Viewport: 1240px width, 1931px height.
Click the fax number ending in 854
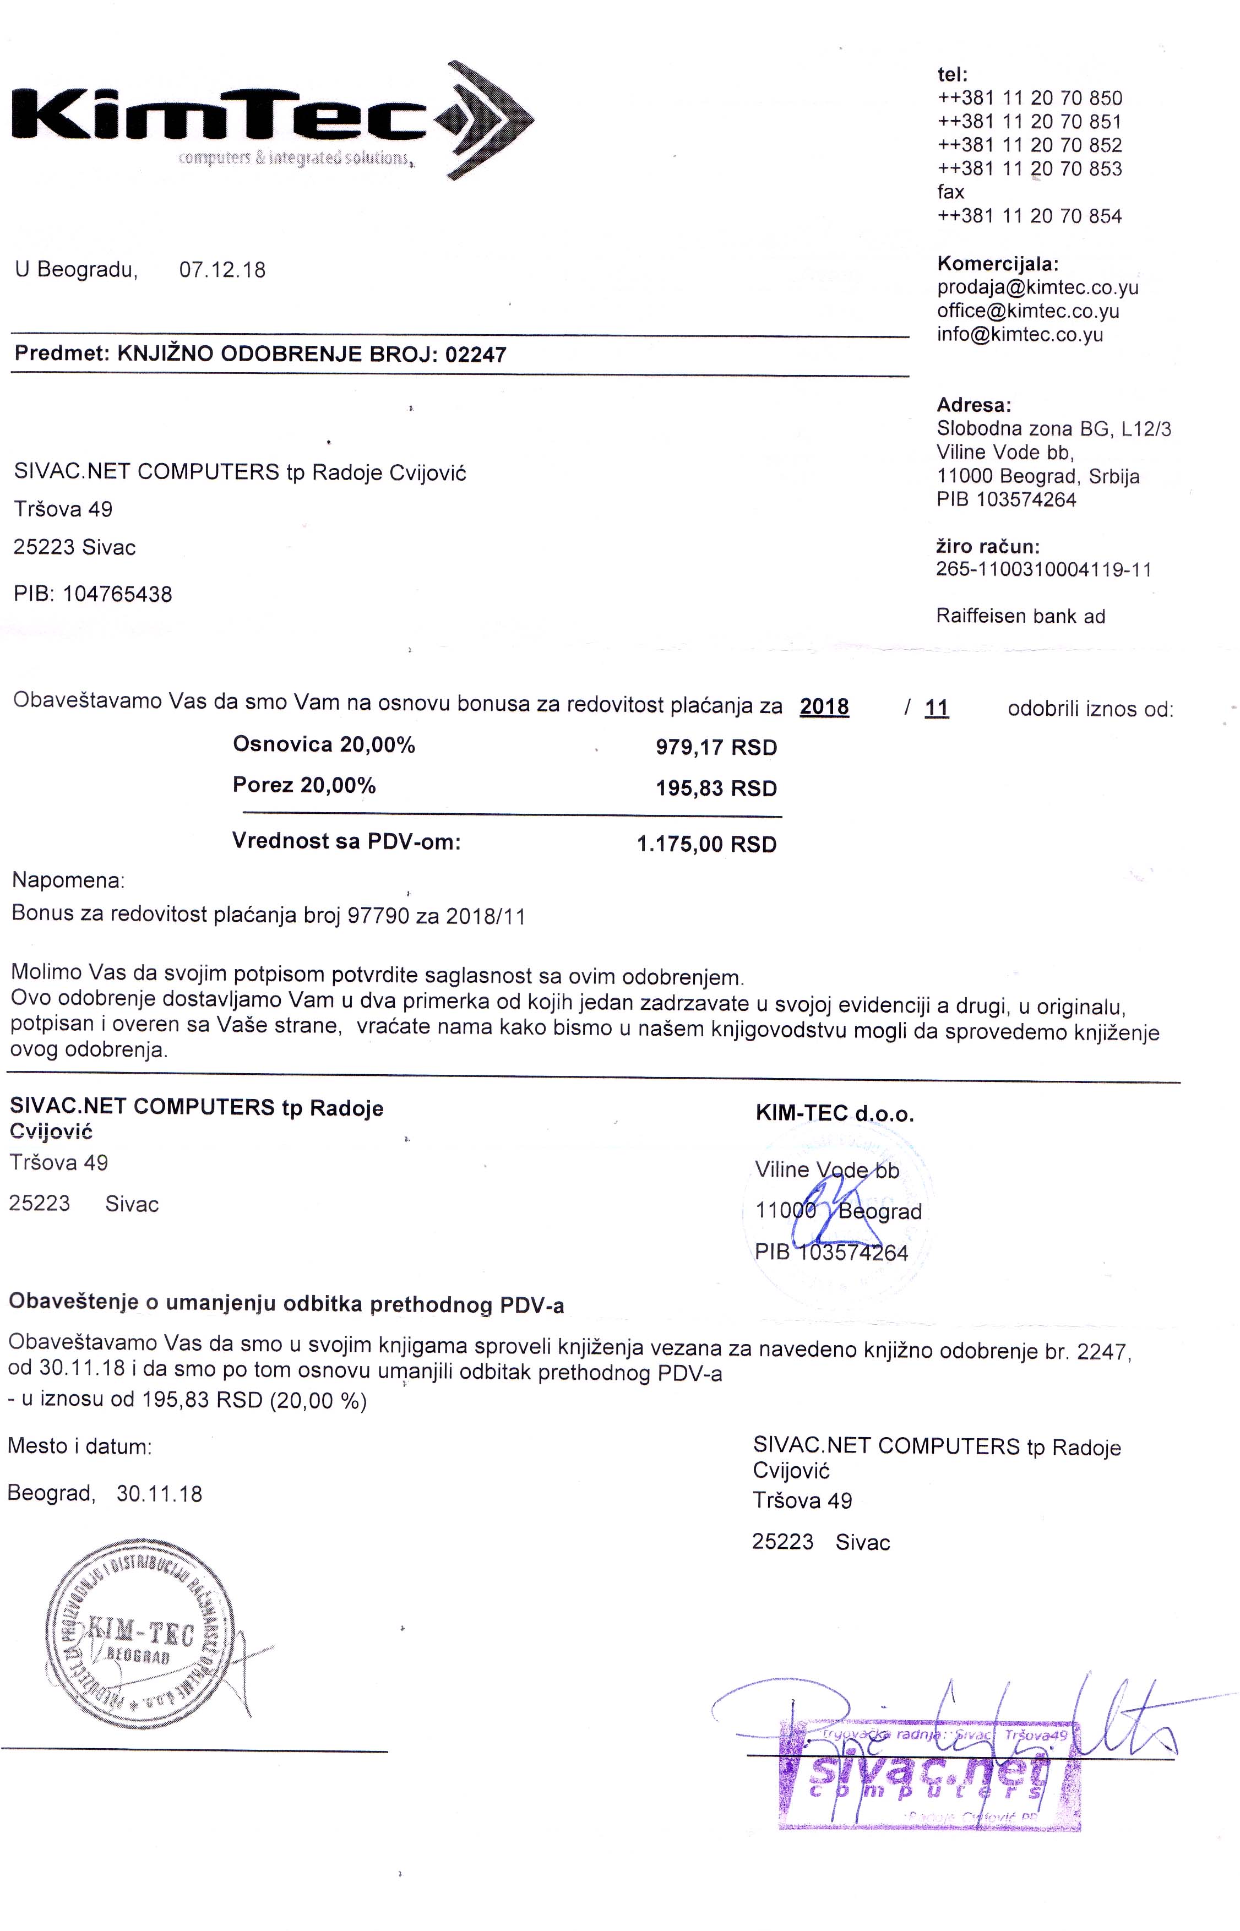click(1029, 216)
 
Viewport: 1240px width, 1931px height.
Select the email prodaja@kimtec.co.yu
click(1037, 287)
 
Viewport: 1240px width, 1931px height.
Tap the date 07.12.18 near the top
click(222, 270)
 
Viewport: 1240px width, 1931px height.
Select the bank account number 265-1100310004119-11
click(1043, 570)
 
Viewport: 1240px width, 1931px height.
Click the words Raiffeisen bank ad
click(1020, 616)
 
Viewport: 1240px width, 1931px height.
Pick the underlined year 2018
click(824, 707)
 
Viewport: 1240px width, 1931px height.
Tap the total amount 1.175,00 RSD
click(706, 845)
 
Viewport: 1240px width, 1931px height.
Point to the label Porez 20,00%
click(304, 785)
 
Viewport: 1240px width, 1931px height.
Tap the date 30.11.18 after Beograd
click(160, 1494)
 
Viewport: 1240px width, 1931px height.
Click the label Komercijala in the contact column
click(998, 263)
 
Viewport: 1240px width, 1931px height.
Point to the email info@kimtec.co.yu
click(1019, 334)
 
